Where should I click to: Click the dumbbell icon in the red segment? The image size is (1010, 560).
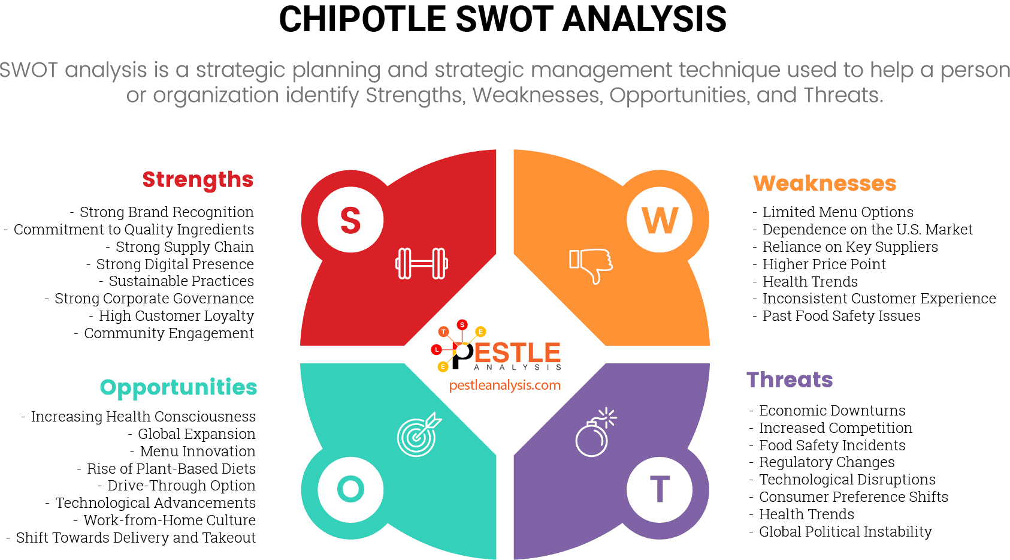point(422,263)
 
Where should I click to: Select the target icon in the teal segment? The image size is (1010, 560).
point(418,434)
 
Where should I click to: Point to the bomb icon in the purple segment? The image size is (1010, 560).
point(594,433)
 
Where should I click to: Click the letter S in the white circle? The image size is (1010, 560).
point(350,220)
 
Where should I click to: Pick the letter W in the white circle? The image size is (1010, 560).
point(660,220)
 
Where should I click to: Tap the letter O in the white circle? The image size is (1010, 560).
point(350,489)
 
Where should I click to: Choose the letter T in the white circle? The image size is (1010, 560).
point(660,489)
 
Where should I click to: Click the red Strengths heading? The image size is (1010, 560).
point(198,180)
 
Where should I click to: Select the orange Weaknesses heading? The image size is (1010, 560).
point(824,183)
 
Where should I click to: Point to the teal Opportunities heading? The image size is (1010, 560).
point(179,388)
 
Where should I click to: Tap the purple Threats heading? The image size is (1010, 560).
point(790,380)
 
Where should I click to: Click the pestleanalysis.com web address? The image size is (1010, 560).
point(505,386)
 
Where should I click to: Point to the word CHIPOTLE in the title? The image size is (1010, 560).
point(362,19)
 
